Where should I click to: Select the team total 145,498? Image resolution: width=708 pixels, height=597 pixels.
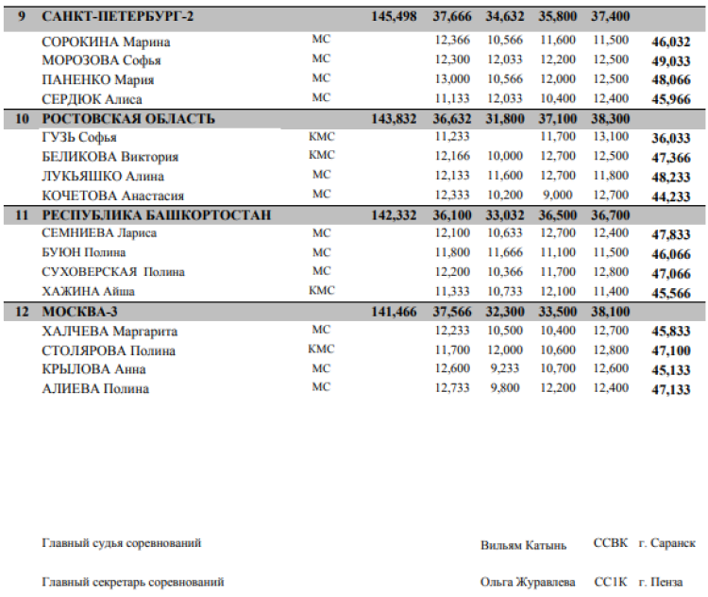pyautogui.click(x=395, y=17)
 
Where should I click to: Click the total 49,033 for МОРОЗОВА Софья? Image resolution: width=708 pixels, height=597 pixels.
pyautogui.click(x=671, y=61)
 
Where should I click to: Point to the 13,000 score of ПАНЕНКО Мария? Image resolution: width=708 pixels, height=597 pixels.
pyautogui.click(x=451, y=79)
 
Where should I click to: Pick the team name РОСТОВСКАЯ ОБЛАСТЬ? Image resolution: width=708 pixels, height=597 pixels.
pyautogui.click(x=128, y=119)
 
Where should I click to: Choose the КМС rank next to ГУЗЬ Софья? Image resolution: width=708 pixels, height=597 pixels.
pyautogui.click(x=322, y=137)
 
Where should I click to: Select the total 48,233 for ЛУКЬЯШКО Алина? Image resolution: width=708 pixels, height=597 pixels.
pyautogui.click(x=671, y=177)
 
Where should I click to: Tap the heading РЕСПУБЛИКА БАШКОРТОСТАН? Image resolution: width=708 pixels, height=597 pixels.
pyautogui.click(x=157, y=215)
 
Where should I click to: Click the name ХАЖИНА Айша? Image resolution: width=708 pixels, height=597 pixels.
pyautogui.click(x=93, y=291)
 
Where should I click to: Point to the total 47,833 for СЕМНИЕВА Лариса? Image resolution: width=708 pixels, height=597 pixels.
pyautogui.click(x=671, y=235)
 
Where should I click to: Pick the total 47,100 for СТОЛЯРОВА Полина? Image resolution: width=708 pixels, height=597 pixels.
pyautogui.click(x=671, y=350)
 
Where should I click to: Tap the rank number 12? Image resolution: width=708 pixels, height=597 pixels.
pyautogui.click(x=23, y=312)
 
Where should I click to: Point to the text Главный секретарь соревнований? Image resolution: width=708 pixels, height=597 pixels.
pyautogui.click(x=133, y=583)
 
